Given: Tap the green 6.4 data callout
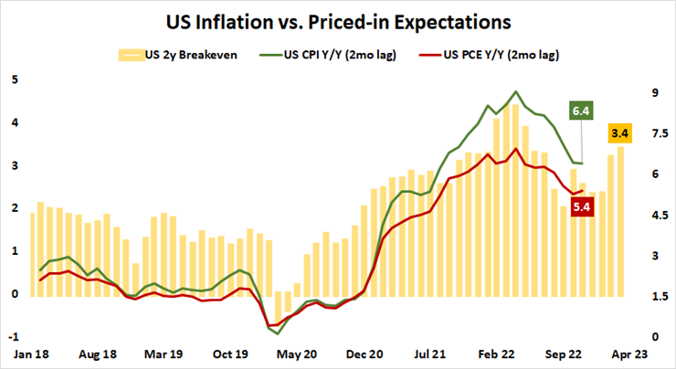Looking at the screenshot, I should click(x=582, y=111).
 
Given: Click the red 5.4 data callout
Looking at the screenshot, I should click(x=581, y=206).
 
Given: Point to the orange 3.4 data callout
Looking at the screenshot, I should click(x=620, y=135).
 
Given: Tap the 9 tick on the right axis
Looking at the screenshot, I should click(x=654, y=92).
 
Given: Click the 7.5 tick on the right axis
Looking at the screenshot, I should click(x=658, y=133).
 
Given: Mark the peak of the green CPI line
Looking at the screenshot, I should click(x=517, y=91).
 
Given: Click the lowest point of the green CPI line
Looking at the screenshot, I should click(x=278, y=333).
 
